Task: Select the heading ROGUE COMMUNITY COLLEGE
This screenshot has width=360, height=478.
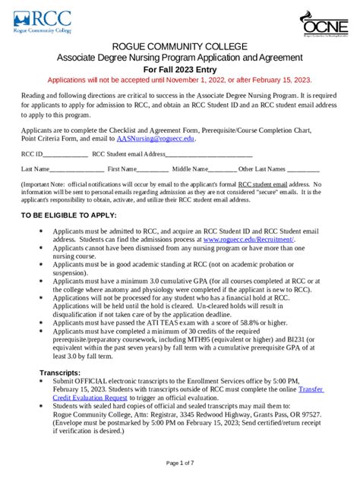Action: pos(179,47)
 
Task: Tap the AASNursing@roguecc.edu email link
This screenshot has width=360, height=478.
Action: pos(155,139)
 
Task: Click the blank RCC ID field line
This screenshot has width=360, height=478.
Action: pos(65,154)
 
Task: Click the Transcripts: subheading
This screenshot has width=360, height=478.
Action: pos(60,373)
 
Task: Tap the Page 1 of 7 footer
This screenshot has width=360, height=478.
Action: pos(179,462)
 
